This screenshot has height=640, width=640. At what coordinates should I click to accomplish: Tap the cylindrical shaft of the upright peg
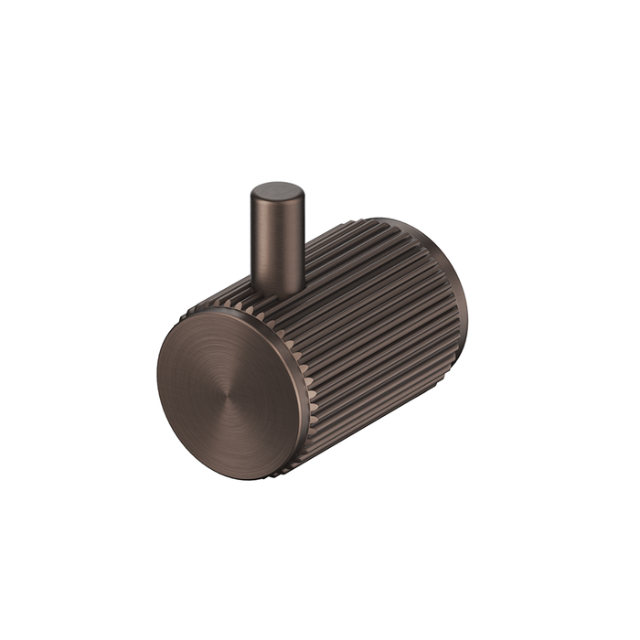[277, 242]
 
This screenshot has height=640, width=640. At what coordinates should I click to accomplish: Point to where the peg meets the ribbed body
[278, 291]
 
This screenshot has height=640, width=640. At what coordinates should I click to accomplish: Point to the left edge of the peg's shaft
[251, 242]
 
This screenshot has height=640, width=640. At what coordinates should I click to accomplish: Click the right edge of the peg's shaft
[304, 242]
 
